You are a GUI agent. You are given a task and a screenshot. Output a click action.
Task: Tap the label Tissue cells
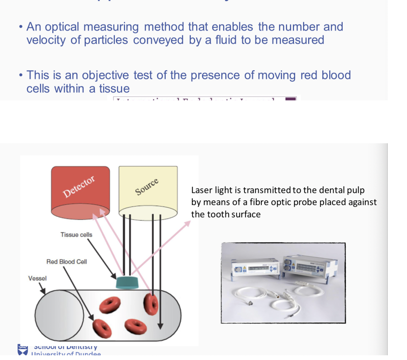76,235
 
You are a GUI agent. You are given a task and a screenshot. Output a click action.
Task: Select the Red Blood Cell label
67,261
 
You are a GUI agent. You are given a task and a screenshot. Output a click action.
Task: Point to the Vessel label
37,279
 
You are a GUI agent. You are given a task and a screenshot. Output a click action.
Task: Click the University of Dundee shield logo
23,350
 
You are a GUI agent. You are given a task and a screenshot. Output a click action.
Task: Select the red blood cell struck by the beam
151,303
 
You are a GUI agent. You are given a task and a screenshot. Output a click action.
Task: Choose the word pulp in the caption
356,190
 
